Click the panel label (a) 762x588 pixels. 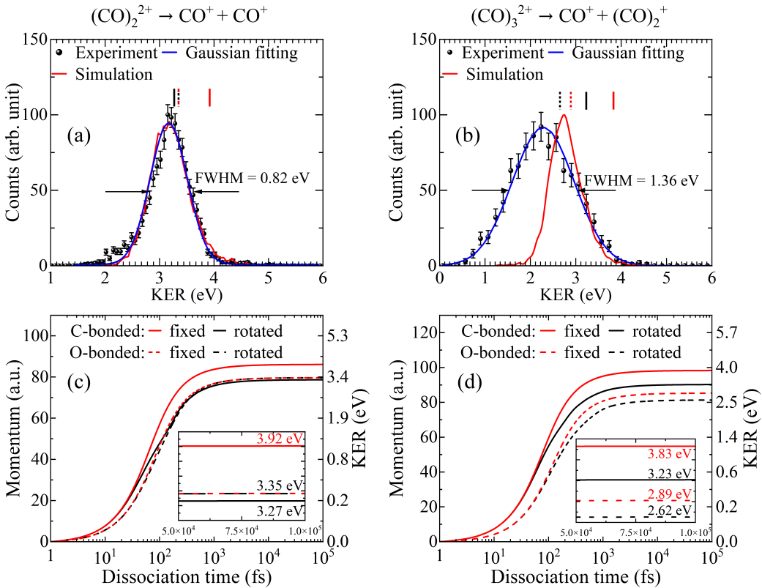[x=79, y=136]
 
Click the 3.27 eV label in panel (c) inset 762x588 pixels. [x=280, y=510]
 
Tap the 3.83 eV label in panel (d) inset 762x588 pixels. [x=669, y=453]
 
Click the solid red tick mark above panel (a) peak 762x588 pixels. [x=209, y=97]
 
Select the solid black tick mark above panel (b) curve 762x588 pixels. [x=586, y=100]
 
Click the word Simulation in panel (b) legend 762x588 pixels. [x=504, y=74]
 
